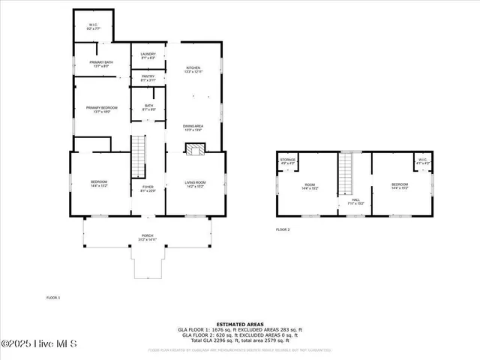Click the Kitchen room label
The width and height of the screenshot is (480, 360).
click(x=193, y=69)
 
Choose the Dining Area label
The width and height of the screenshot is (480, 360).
click(x=193, y=127)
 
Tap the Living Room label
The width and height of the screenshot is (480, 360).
click(x=196, y=184)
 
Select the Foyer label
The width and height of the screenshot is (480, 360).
click(x=148, y=188)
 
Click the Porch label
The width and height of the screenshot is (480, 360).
click(x=147, y=238)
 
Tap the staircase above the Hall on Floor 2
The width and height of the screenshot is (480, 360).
click(x=346, y=173)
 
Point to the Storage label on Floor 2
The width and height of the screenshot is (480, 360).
click(x=288, y=160)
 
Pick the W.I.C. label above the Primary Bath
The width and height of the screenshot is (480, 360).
click(x=93, y=27)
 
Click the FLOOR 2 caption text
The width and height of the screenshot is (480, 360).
click(x=283, y=229)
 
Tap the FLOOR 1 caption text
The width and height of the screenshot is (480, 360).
click(x=53, y=298)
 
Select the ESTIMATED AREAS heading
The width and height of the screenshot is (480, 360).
click(x=240, y=324)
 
